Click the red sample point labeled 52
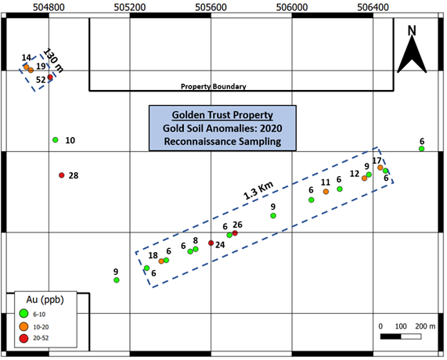50,77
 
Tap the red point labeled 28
62,175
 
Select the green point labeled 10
56,139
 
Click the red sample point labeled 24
211,243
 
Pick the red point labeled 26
235,233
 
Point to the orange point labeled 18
161,261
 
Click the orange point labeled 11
326,192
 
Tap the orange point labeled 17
380,167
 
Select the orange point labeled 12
364,178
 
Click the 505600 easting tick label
211,7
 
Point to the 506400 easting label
373,7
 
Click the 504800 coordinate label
49,7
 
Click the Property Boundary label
214,86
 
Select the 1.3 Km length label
258,190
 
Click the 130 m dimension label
53,61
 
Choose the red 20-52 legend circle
23,338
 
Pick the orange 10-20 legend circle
23,326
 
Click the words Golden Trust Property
222,115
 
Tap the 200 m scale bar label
425,326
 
